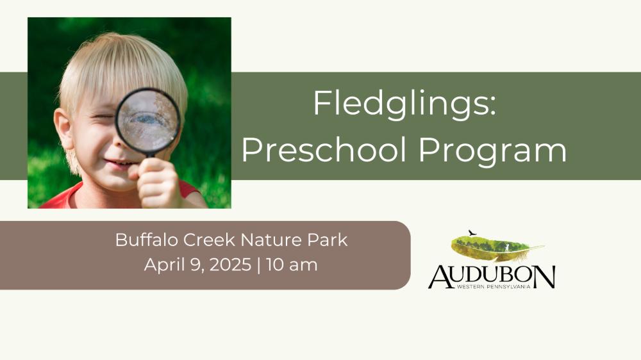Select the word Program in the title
coord(492,152)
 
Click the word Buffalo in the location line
coord(147,240)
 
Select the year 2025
coord(231,265)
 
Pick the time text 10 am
coord(292,265)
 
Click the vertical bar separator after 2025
coord(259,265)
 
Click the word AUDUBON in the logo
coord(492,277)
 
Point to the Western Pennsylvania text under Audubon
coord(494,287)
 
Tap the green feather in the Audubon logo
coord(497,248)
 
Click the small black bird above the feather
coord(472,233)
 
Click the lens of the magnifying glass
coord(148,120)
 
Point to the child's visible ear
coord(63,129)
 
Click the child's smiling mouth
coord(117,163)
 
